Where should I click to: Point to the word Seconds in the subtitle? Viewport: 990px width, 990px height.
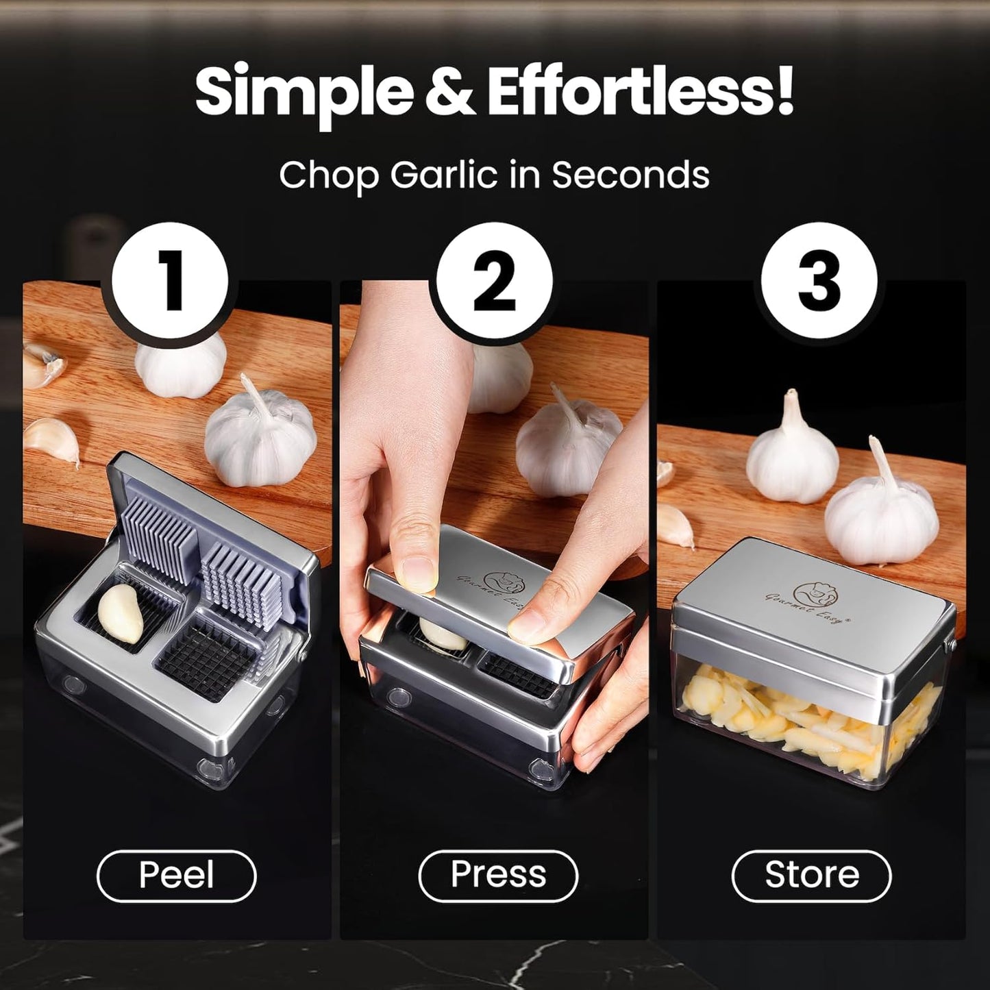coord(630,175)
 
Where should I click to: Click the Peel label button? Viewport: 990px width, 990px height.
coord(177,875)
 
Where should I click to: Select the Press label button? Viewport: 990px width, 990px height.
coord(498,875)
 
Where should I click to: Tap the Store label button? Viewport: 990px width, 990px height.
coord(812,875)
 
